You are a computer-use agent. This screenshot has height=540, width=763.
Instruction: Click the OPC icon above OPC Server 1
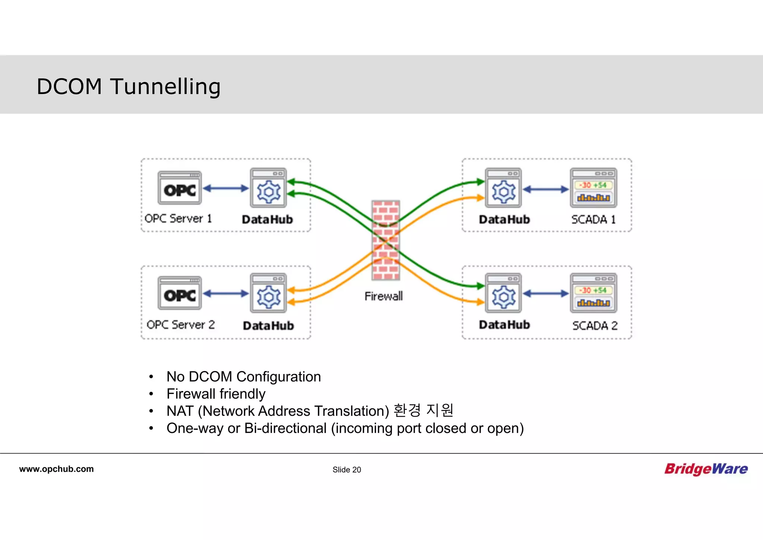point(180,188)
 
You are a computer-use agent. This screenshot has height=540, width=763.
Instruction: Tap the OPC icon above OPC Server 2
point(180,293)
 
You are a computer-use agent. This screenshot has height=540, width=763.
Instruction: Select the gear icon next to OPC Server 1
point(268,188)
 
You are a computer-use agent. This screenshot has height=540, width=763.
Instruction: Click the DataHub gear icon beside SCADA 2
point(503,293)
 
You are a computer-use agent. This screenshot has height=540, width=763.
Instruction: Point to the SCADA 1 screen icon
point(593,188)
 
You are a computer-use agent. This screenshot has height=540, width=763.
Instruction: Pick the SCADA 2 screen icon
point(593,293)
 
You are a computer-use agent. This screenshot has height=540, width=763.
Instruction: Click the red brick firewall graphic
point(386,241)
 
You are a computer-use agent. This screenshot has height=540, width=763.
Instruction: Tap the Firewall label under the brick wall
point(383,296)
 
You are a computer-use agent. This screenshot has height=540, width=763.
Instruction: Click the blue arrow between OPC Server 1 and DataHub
point(225,188)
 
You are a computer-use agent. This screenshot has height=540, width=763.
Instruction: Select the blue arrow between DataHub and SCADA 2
point(545,294)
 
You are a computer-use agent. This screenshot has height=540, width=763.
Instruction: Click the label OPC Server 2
point(181,325)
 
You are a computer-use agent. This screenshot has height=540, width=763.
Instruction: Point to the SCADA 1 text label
point(593,219)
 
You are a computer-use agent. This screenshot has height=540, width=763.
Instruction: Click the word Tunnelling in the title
point(165,87)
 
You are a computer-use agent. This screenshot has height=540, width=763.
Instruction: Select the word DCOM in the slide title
point(69,87)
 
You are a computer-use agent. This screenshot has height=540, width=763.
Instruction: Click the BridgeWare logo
point(706,469)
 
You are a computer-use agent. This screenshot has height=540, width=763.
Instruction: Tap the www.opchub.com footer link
point(56,469)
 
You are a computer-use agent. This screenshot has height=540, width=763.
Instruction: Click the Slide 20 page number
point(346,470)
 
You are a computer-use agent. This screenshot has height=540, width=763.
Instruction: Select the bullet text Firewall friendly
point(216,394)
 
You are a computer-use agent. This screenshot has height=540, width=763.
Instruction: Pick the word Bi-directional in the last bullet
point(285,428)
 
